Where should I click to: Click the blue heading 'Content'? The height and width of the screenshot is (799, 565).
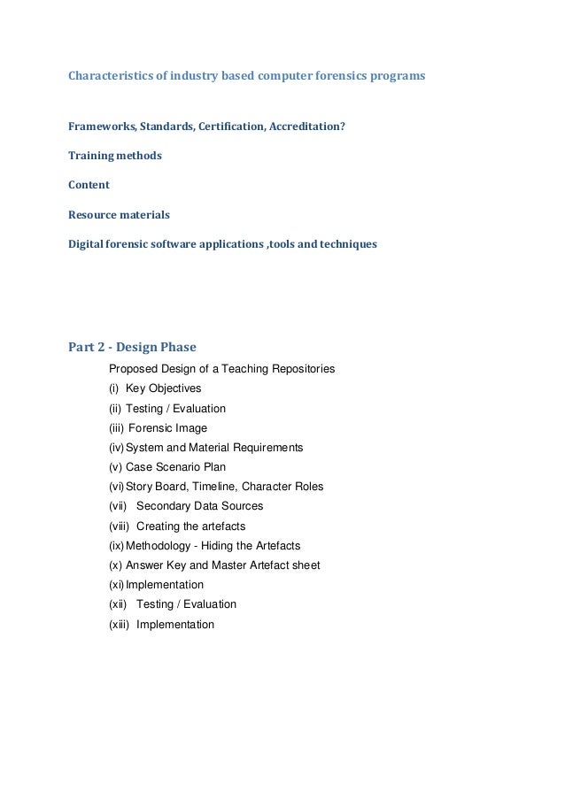point(89,185)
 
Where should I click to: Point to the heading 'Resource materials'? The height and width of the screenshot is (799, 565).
point(119,214)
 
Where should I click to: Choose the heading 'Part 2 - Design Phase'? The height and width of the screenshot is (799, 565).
point(132,346)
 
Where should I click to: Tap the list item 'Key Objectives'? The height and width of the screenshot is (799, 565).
point(164,388)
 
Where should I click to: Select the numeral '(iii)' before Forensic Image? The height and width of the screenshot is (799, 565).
point(119,427)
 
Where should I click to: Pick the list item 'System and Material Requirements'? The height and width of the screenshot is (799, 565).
point(214,448)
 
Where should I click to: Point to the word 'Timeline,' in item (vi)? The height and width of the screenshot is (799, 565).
point(212,487)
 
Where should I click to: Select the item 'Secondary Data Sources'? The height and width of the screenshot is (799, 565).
point(199,506)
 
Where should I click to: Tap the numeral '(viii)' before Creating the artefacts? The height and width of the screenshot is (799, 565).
point(120,526)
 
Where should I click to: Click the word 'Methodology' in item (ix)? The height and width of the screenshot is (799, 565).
point(159,545)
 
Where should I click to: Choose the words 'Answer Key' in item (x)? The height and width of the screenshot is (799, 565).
point(154,565)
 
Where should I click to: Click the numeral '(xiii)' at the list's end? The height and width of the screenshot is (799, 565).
point(120,624)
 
